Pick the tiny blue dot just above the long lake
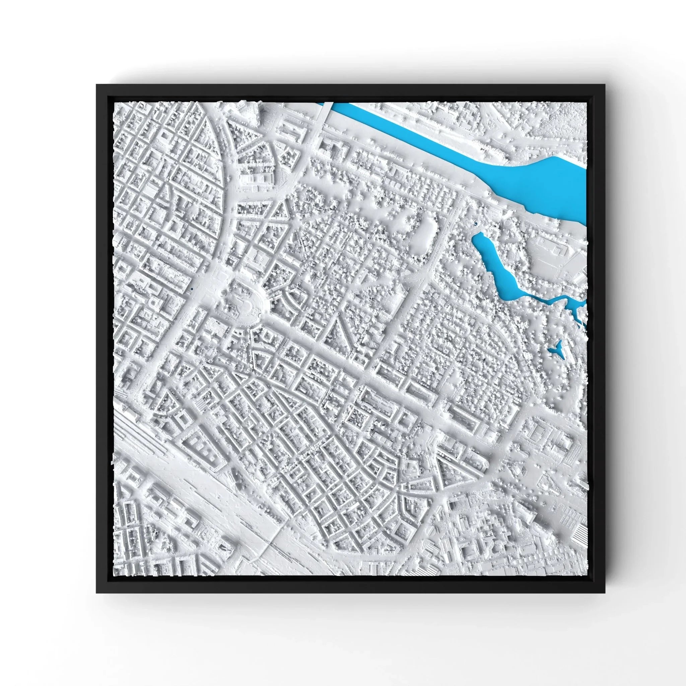475,224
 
